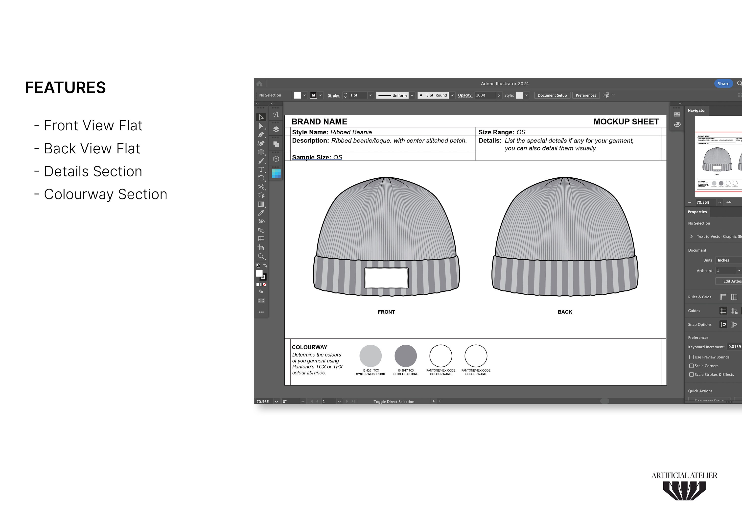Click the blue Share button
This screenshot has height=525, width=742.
pos(723,83)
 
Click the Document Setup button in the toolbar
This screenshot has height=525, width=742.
pos(552,95)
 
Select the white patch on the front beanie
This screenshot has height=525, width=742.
pos(386,278)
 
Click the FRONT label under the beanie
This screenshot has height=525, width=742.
pos(386,312)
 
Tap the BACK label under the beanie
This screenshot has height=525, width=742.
pos(565,312)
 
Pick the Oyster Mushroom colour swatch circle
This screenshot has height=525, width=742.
pos(370,356)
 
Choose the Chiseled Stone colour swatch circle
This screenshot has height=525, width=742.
pos(406,356)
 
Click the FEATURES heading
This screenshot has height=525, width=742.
pos(66,88)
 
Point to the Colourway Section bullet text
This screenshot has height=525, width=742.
pos(105,194)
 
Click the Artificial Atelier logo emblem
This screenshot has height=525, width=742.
pos(684,490)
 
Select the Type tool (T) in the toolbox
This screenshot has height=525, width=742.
pos(261,169)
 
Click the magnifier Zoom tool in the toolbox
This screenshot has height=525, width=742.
pos(261,256)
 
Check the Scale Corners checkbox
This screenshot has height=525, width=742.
pos(691,366)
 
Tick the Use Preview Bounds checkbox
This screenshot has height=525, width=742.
pos(691,357)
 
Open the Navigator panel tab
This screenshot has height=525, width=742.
pos(697,110)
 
